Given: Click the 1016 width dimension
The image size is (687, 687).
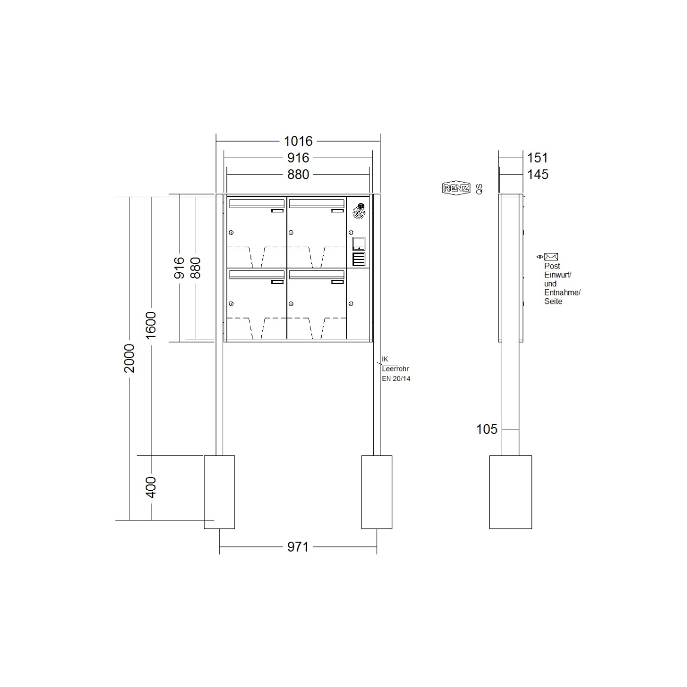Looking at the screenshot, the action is (x=298, y=141).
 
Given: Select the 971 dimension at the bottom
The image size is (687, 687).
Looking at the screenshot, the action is (x=298, y=547).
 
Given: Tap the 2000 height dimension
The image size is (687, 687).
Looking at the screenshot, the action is (x=130, y=358).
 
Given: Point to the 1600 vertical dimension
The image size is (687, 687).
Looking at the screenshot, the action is (x=151, y=325).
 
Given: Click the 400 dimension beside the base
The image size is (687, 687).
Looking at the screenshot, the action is (x=151, y=487).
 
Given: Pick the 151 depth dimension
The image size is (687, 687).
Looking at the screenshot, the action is (x=537, y=158).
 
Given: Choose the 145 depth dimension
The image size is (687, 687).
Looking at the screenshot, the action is (x=538, y=174).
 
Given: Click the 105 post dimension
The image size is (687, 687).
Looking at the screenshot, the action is (x=487, y=429).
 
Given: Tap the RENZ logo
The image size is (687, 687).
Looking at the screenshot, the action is (x=456, y=188).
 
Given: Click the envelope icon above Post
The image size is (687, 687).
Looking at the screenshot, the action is (x=551, y=257).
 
